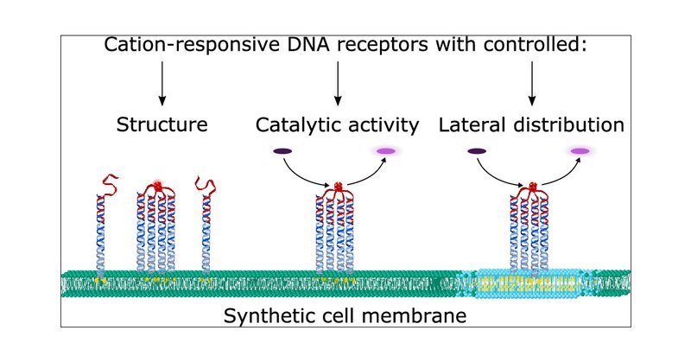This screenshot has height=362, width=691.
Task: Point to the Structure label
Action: click(162, 124)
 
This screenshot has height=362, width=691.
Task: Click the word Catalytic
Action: click(299, 124)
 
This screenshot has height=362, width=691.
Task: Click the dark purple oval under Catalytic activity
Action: click(282, 152)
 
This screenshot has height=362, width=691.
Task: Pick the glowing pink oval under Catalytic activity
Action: click(385, 152)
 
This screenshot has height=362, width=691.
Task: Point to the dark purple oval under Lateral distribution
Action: click(477, 152)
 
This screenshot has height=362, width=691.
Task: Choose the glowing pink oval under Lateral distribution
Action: click(580, 152)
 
